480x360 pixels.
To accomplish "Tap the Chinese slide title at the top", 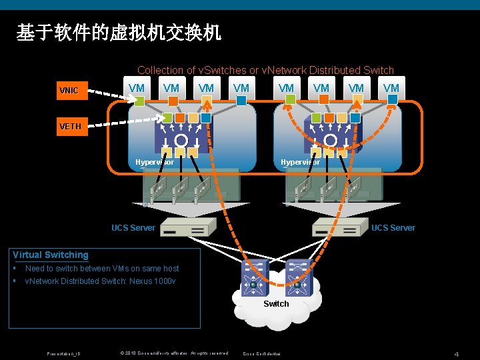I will pos(119,32).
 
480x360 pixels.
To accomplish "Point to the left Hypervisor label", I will pos(154,162).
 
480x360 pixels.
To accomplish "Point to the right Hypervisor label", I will pos(300,162).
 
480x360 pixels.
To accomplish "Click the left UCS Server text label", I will pos(133,228).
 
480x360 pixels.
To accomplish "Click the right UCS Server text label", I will pos(393,228).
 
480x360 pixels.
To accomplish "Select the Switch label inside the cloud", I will pos(276,304).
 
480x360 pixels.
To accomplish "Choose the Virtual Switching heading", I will pos(51,255).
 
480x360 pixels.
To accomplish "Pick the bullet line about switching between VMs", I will pos(102,269).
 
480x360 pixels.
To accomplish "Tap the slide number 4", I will pos(457,353).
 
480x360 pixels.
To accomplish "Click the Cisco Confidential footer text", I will pos(261,353).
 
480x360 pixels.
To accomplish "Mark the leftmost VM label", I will pos(136,88).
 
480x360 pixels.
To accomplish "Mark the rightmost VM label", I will pos(391,88).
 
